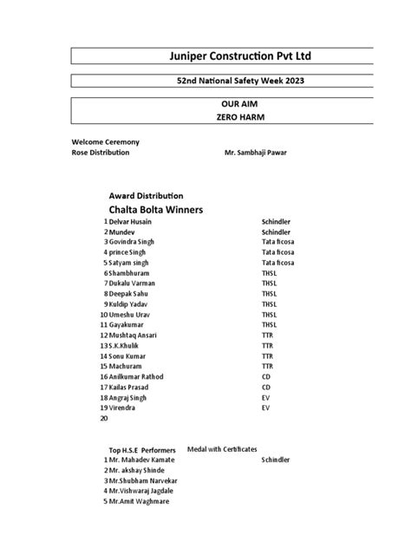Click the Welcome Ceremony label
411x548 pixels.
click(106, 141)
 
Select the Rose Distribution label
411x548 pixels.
click(101, 153)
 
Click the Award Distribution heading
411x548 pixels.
click(146, 196)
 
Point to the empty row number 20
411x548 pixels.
click(104, 418)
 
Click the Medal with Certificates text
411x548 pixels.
click(222, 449)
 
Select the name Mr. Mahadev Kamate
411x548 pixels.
click(144, 460)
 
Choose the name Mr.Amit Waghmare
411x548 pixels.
click(139, 501)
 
